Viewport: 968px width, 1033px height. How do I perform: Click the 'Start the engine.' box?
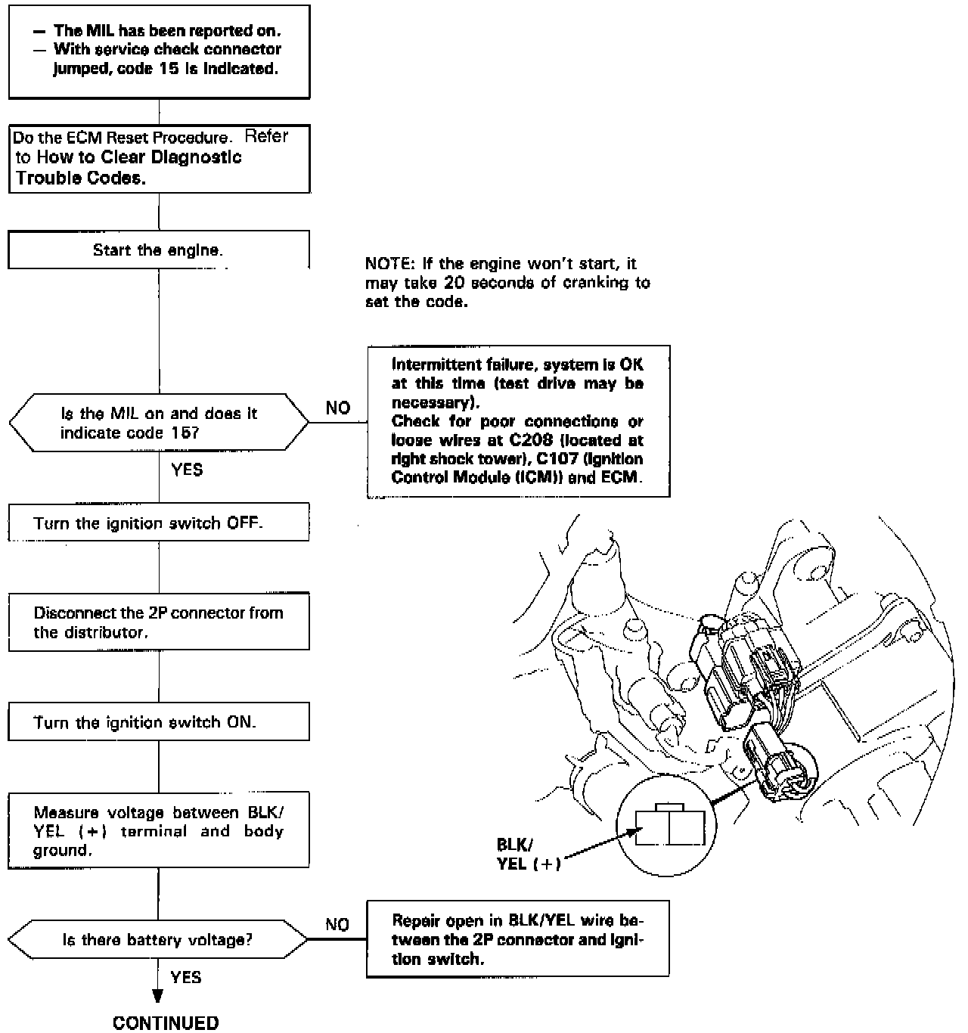click(158, 250)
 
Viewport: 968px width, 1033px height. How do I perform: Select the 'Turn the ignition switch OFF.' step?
click(158, 523)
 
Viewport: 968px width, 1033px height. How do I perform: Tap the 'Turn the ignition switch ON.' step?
click(158, 722)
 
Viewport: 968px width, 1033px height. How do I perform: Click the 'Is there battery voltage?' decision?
click(157, 940)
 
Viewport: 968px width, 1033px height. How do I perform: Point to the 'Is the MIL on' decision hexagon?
click(158, 423)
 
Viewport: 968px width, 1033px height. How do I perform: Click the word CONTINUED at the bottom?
click(166, 1022)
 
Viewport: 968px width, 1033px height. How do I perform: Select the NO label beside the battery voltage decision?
click(337, 924)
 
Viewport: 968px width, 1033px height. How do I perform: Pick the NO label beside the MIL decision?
click(338, 408)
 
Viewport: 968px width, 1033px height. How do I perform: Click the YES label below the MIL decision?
click(187, 470)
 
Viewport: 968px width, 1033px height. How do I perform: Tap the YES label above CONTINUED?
click(186, 977)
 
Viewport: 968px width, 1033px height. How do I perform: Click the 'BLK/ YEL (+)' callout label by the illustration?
click(528, 854)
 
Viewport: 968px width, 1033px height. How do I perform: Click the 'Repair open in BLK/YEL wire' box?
click(518, 939)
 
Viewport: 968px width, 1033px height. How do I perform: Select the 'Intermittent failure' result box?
click(518, 421)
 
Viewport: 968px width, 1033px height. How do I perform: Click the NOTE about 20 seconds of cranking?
click(507, 282)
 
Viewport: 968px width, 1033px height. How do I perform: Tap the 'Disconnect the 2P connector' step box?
click(158, 622)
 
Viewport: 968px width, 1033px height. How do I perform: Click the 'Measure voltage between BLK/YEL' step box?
click(158, 831)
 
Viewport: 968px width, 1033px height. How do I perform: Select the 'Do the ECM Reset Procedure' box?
click(158, 158)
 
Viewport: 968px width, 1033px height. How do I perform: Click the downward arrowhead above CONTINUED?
click(158, 996)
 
